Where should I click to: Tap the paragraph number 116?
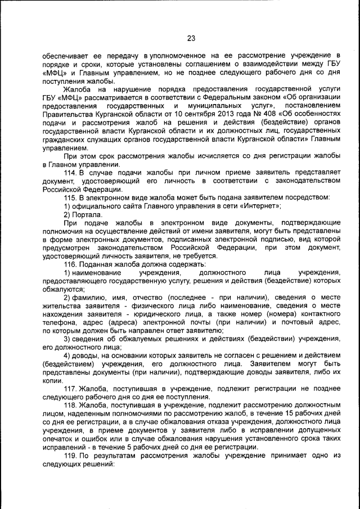point(70,263)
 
